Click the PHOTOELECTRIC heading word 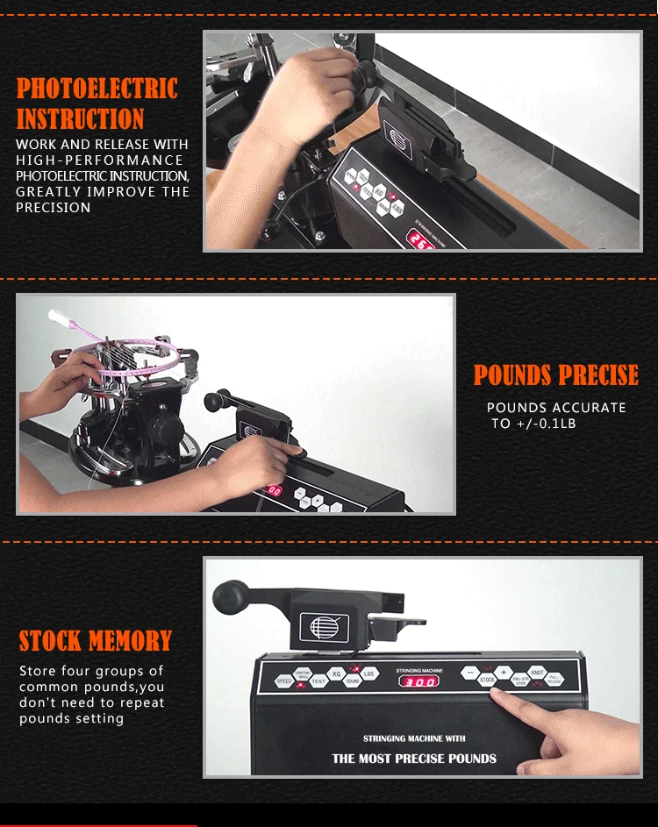(x=97, y=89)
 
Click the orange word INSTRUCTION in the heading (x=80, y=119)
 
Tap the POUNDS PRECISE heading (x=555, y=376)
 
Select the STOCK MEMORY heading (x=95, y=641)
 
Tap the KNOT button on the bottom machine (x=537, y=672)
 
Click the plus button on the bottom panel (x=504, y=672)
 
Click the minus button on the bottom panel (x=469, y=673)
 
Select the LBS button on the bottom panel (x=369, y=674)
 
